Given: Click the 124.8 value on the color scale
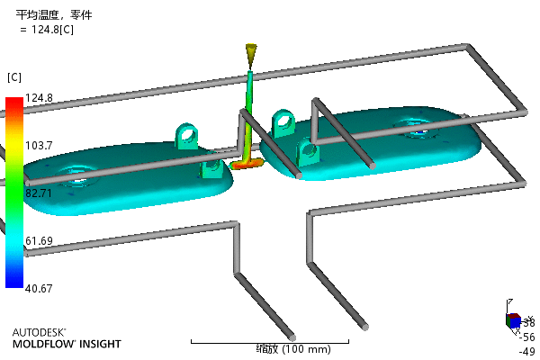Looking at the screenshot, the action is click(40, 97).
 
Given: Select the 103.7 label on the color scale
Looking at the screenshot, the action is click(40, 145).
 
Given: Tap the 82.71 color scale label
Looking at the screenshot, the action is click(40, 193).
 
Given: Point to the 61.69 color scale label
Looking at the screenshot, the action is click(40, 240).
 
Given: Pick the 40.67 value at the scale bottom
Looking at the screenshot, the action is click(40, 288).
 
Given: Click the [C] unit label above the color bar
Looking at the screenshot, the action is click(14, 76).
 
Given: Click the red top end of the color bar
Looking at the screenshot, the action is click(13, 102).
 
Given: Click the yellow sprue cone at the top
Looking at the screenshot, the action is click(251, 56).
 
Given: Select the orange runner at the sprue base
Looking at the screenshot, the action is click(246, 165).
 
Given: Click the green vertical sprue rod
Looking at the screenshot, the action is click(251, 108).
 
